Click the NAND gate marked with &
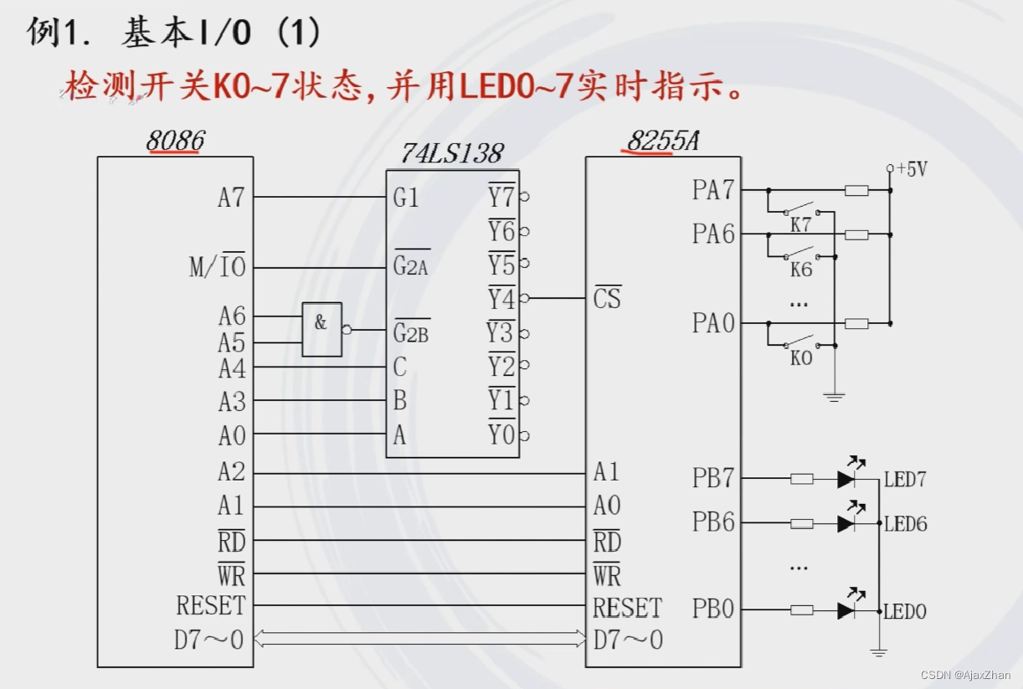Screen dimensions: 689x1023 (321, 329)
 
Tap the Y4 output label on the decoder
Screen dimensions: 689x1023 (501, 298)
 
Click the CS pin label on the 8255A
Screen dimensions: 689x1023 (607, 298)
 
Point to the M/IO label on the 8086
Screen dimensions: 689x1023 (217, 268)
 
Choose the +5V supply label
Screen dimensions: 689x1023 (912, 170)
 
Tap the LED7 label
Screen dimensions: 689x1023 (905, 481)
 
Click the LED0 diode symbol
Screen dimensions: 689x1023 (846, 610)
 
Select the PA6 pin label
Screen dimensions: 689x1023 (712, 234)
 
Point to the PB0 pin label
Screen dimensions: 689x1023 (712, 609)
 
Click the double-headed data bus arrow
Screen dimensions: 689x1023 (419, 640)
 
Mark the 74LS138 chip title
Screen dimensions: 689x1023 (451, 153)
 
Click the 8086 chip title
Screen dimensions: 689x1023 (175, 141)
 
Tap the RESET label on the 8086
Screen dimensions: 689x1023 (211, 605)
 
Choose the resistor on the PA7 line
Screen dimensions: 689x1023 (856, 191)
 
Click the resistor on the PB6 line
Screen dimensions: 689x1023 (801, 523)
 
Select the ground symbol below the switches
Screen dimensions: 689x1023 (834, 396)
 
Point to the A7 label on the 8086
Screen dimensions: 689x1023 (230, 198)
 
